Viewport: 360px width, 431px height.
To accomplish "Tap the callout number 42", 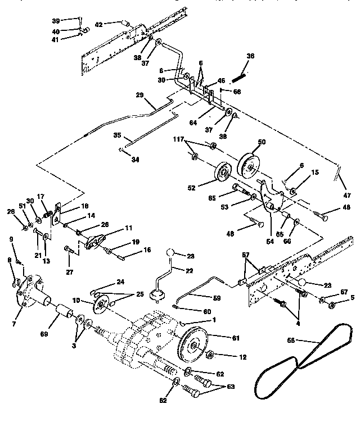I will point(99,24).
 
